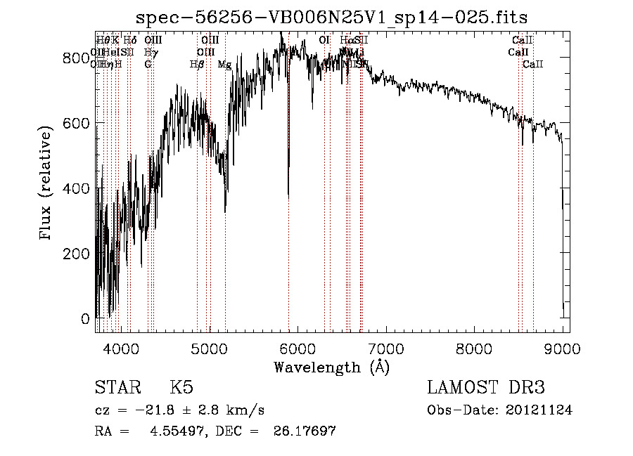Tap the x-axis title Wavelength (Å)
[331, 367]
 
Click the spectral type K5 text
[181, 388]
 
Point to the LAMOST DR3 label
[485, 388]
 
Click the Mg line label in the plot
[224, 65]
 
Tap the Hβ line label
[197, 65]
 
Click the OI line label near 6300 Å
[324, 41]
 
